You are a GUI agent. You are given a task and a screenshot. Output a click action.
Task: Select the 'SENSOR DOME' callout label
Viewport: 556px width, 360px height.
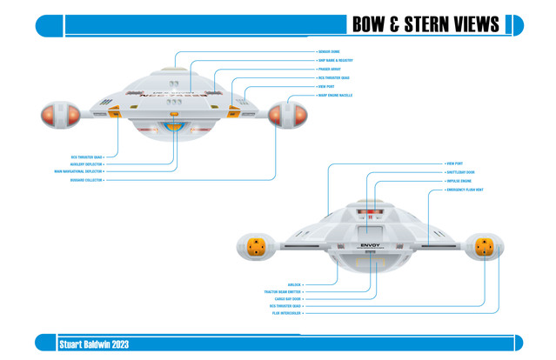(329, 52)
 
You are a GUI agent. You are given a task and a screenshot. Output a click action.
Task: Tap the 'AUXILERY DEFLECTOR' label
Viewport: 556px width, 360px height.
(87, 164)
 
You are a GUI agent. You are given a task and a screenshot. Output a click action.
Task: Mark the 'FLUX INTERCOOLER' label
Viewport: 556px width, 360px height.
(287, 313)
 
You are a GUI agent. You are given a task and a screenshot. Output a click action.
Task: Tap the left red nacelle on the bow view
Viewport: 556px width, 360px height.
(57, 114)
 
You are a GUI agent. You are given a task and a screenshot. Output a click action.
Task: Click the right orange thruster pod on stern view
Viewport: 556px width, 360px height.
(486, 247)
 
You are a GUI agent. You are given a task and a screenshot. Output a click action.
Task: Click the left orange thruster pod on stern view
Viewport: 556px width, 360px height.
(257, 247)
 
